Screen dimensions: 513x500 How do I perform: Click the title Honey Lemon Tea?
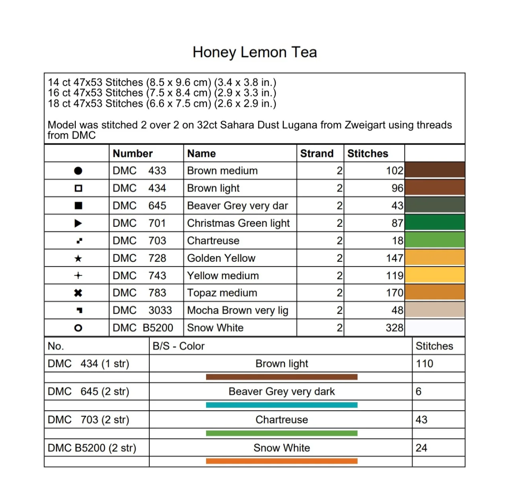point(255,52)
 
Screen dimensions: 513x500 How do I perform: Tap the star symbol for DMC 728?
point(78,258)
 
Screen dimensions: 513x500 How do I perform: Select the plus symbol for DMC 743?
point(78,275)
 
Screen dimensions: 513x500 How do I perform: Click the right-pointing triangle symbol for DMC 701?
point(78,223)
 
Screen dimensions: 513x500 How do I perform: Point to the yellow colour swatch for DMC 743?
point(435,275)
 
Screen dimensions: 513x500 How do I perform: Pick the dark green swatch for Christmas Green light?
point(435,223)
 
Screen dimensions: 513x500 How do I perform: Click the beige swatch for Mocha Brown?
point(435,310)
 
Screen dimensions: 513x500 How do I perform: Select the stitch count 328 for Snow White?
point(394,328)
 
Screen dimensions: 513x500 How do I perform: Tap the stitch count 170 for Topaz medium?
point(394,293)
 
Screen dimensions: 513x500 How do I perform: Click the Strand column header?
point(317,153)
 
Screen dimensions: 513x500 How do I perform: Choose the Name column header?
point(201,153)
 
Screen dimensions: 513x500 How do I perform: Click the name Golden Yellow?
point(221,258)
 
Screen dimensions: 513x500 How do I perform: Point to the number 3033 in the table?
point(160,310)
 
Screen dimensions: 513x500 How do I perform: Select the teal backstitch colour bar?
point(281,405)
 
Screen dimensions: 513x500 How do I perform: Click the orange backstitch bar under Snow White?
point(281,461)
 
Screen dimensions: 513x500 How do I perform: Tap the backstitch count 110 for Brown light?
point(424,364)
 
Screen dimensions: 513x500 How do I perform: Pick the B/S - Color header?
point(178,346)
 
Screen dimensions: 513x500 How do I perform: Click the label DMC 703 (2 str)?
point(88,420)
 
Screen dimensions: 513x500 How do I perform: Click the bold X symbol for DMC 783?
point(78,293)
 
